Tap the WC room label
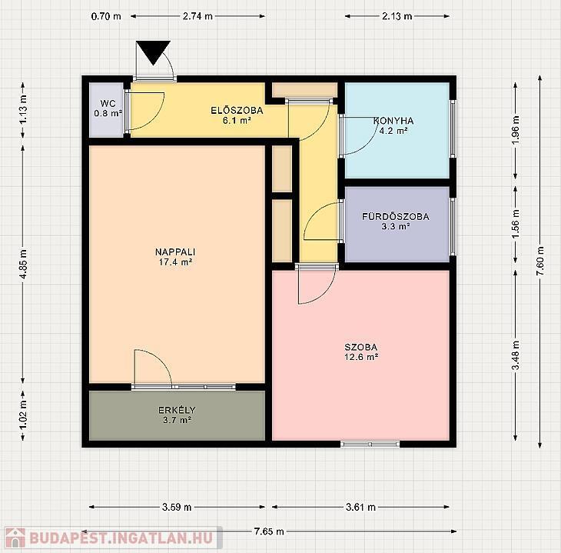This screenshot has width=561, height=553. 108,104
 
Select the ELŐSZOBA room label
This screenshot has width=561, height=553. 237,110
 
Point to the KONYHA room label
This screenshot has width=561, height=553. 393,121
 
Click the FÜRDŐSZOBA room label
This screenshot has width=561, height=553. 396,216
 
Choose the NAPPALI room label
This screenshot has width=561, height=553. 175,252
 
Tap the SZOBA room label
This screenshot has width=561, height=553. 361,347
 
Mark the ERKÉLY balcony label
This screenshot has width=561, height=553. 177,410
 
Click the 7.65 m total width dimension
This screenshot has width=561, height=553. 269,531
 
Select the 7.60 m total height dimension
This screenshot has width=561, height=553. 540,261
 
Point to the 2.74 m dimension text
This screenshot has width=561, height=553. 198,16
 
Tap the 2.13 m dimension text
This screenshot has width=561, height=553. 397,16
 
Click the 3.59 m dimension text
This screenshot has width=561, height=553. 177,507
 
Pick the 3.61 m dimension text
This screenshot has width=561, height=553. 360,507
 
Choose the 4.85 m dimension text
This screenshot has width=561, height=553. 23,265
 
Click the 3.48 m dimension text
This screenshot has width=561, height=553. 516,355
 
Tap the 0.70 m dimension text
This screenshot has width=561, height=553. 106,16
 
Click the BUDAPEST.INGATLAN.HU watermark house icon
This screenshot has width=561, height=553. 15,538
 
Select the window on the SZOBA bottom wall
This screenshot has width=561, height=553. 370,444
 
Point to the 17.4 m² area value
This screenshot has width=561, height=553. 175,262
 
